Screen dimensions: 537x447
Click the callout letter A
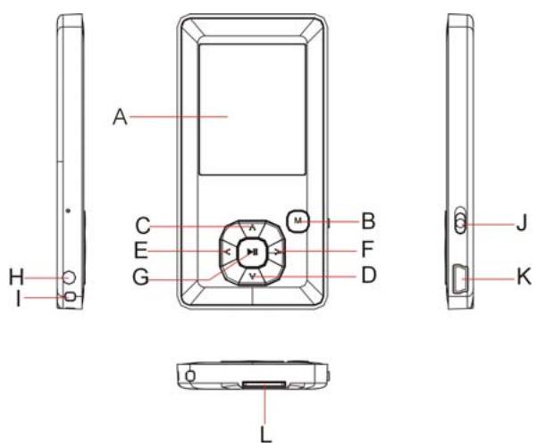[x=121, y=117]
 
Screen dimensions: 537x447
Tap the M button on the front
[x=298, y=220]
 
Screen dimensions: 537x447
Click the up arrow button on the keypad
[x=252, y=228]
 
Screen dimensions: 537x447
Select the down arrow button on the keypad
[x=252, y=277]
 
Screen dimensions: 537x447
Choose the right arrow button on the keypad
[x=278, y=252]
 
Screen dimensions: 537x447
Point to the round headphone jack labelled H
[x=70, y=277]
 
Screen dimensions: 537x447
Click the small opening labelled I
[x=71, y=296]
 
